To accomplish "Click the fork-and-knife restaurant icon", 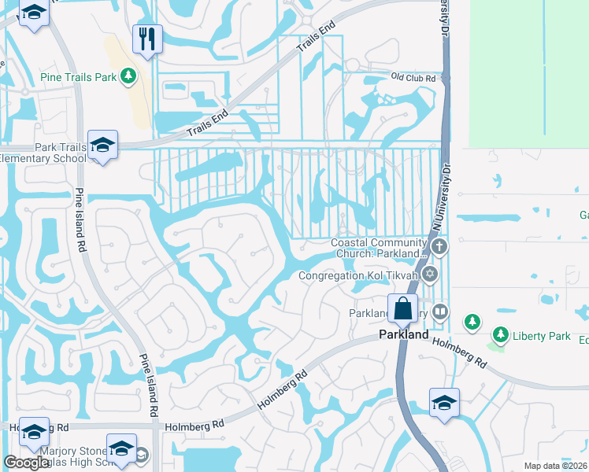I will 146,39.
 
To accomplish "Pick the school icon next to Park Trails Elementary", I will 102,145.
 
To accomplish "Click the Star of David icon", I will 429,275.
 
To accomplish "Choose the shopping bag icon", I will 402,309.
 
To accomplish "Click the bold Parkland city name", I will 404,334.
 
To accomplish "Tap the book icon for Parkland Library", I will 439,312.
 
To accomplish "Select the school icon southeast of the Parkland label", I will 444,403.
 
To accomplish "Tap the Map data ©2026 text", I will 555,466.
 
